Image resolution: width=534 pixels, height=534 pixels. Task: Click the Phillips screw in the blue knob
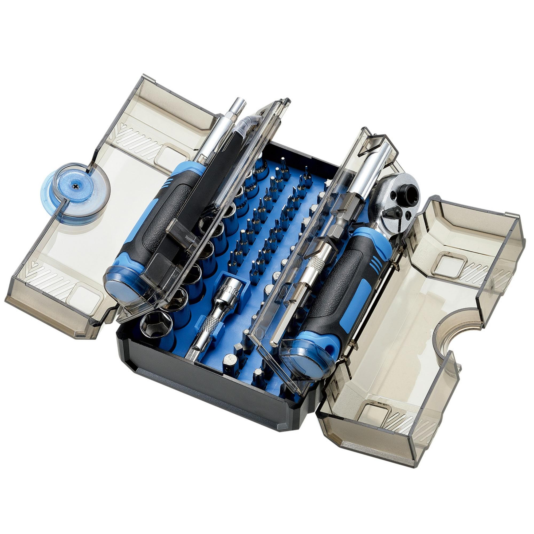coord(75,187)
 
